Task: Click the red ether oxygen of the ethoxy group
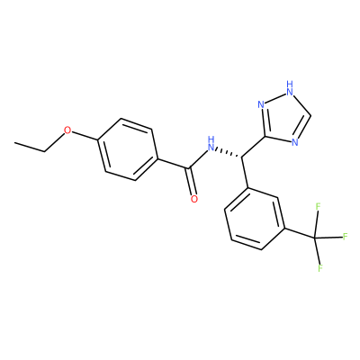click(68, 130)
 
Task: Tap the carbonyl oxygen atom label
click(194, 199)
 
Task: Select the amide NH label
click(211, 144)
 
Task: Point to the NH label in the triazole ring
click(289, 88)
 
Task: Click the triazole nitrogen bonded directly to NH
click(261, 104)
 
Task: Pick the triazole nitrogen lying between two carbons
click(295, 142)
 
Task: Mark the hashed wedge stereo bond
click(229, 152)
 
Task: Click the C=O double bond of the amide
click(192, 181)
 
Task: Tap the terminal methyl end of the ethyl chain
click(15, 143)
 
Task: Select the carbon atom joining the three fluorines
click(315, 238)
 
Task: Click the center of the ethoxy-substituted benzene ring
click(128, 149)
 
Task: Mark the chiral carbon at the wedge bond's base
click(241, 157)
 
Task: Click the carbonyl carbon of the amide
click(188, 168)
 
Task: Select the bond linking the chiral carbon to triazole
click(253, 147)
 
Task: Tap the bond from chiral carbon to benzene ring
click(245, 172)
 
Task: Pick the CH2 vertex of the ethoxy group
click(45, 151)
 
